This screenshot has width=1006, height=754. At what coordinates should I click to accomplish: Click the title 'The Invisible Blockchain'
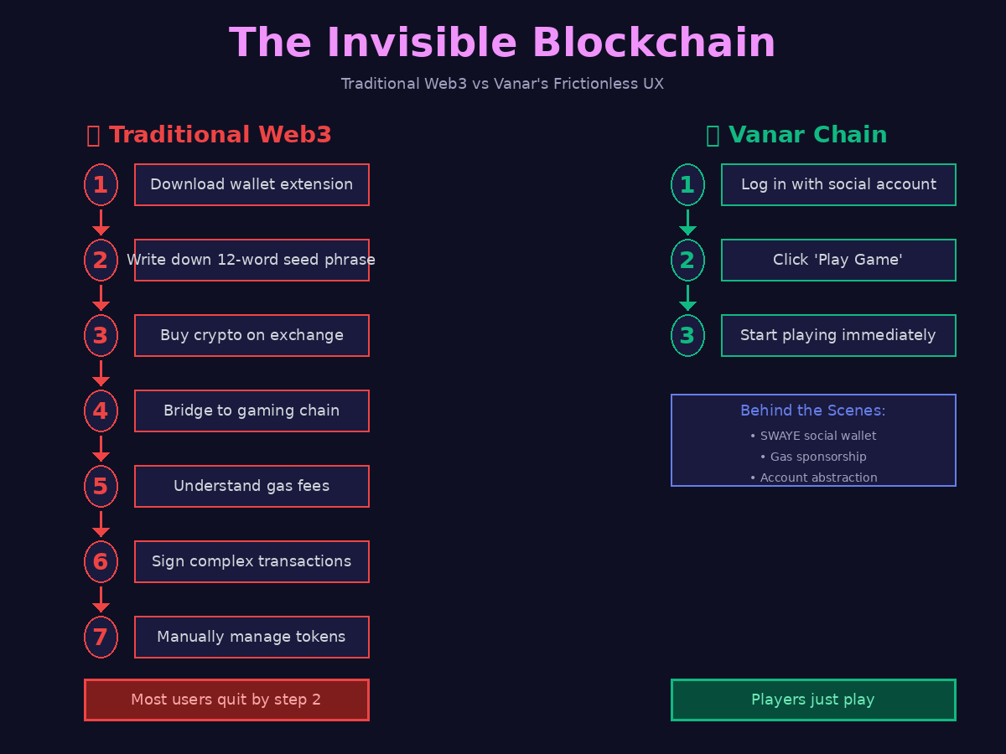(x=502, y=44)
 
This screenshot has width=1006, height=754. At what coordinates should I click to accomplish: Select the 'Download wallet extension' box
(x=251, y=184)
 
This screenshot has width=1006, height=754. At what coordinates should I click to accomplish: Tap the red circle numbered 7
(x=101, y=637)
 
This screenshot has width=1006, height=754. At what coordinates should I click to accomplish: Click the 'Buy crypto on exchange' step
(x=251, y=335)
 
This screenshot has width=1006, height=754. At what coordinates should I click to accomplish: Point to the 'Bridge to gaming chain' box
(x=251, y=411)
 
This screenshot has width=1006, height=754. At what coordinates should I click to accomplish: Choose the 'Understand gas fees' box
(x=251, y=486)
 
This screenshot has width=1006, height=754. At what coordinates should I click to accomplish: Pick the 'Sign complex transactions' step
(x=251, y=561)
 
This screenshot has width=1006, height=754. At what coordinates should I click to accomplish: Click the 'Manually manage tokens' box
(x=251, y=637)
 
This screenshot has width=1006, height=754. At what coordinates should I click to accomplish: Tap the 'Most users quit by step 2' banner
(x=226, y=700)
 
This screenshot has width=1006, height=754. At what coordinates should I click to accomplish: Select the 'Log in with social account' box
(x=838, y=184)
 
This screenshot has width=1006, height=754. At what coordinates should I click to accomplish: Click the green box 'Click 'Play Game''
(x=838, y=260)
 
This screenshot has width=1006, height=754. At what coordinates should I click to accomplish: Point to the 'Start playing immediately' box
(x=838, y=335)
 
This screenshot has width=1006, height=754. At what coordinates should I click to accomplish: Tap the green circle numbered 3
(x=687, y=335)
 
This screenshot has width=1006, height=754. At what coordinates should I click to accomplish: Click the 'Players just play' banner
(x=813, y=700)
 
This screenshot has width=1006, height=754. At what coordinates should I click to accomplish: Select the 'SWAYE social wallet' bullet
(x=813, y=436)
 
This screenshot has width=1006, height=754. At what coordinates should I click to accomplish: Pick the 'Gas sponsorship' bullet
(x=813, y=457)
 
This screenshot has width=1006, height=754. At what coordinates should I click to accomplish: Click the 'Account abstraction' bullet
(x=813, y=478)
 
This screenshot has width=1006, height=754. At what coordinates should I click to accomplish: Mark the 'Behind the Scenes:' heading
(x=813, y=411)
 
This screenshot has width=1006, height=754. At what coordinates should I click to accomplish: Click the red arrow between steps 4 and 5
(x=101, y=448)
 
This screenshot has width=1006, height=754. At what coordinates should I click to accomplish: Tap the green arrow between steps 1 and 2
(x=687, y=222)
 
